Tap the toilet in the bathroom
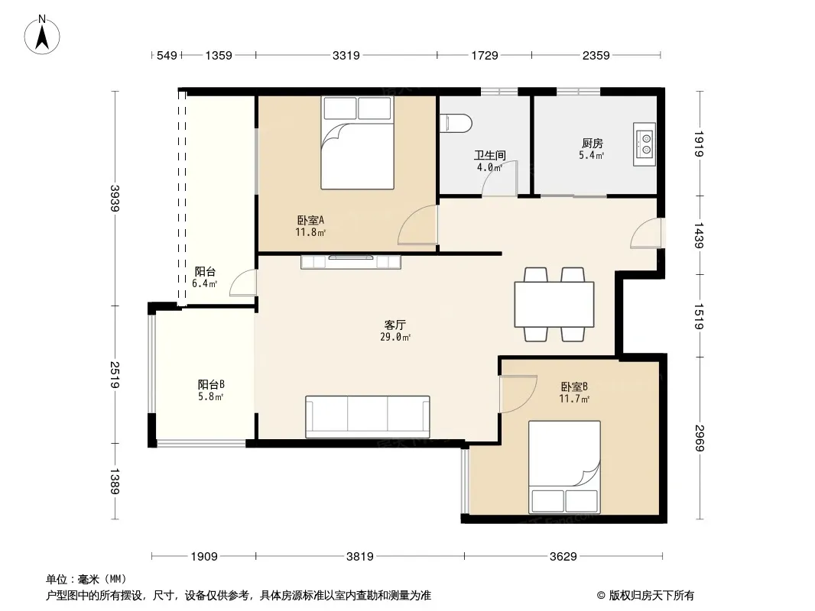tap(456, 124)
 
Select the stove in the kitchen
tap(644, 144)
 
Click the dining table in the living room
tap(554, 304)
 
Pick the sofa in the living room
tap(368, 417)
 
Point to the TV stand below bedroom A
tap(351, 262)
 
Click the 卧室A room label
tap(311, 220)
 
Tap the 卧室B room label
tap(574, 386)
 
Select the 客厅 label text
tap(395, 325)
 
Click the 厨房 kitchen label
tap(592, 144)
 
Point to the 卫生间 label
tap(489, 155)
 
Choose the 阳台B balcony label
tap(211, 385)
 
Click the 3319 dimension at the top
tap(346, 55)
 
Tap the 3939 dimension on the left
tap(115, 199)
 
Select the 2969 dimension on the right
tap(700, 438)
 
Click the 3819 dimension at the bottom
tap(359, 557)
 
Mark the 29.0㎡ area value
tap(395, 338)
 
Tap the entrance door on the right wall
tap(647, 233)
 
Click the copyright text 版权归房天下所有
tap(651, 596)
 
